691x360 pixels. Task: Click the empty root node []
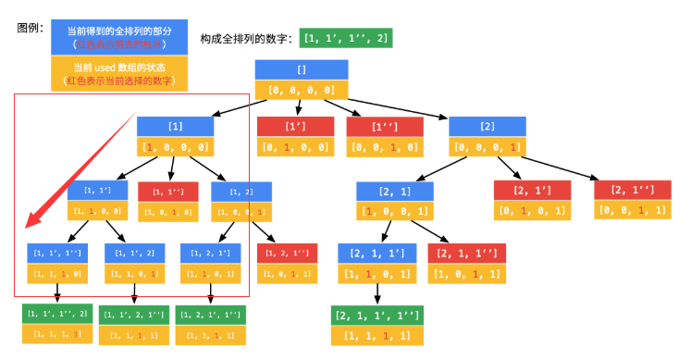pos(302,70)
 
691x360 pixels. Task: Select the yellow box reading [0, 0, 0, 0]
pos(302,91)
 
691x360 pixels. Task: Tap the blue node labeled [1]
pos(176,127)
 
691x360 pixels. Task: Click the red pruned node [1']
pos(294,127)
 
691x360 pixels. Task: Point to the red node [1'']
pos(384,127)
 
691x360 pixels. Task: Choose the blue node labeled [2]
pos(487,127)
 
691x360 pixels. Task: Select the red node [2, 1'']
pos(631,191)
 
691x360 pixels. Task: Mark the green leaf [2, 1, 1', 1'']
pos(376,316)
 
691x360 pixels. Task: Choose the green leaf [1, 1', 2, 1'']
pos(135,315)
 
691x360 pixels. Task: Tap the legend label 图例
pos(31,27)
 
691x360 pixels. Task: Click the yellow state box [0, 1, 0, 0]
pos(294,147)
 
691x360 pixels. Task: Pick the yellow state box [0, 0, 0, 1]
pos(487,147)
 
